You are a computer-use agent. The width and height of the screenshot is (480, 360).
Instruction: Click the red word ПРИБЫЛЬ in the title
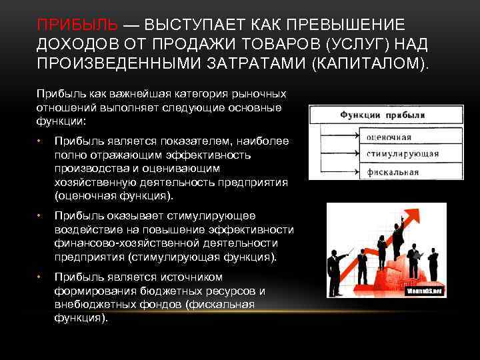tap(79, 25)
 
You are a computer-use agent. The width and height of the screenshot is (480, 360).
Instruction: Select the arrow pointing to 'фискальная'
tap(339, 172)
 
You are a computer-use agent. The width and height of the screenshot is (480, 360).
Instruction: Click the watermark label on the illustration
tap(425, 291)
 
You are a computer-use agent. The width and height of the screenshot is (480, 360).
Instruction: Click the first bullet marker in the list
tap(40, 140)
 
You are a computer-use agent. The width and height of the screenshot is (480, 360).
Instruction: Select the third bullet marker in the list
tap(40, 277)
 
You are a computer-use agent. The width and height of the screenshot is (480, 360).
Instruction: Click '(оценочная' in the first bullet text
tap(83, 197)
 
